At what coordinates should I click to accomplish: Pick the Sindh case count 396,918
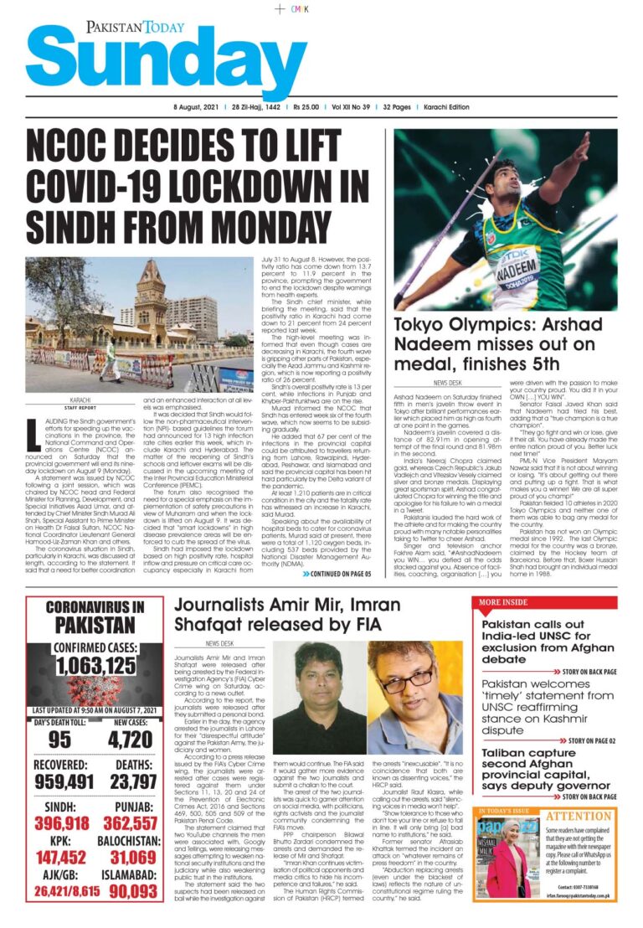(63, 823)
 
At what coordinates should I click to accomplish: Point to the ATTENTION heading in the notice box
(577, 815)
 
